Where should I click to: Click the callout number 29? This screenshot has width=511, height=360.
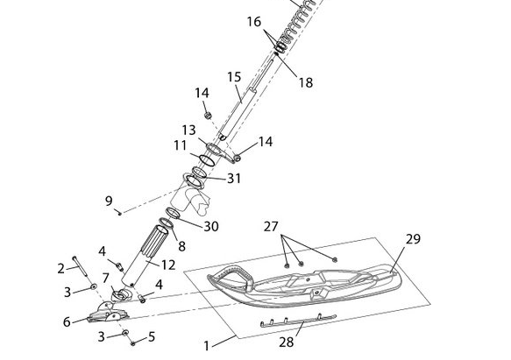tap(413, 239)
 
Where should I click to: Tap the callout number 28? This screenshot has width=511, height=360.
tap(287, 342)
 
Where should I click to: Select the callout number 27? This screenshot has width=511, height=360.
tap(271, 227)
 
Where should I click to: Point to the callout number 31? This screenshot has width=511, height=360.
tap(234, 179)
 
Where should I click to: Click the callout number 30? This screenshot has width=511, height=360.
tap(211, 227)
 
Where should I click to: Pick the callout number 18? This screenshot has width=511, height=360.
tap(306, 82)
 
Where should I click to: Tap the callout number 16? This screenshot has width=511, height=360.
tap(254, 22)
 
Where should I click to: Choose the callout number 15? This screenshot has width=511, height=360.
tap(234, 77)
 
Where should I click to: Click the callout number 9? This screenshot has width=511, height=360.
tap(109, 201)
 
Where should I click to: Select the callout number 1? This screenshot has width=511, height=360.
tap(206, 346)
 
